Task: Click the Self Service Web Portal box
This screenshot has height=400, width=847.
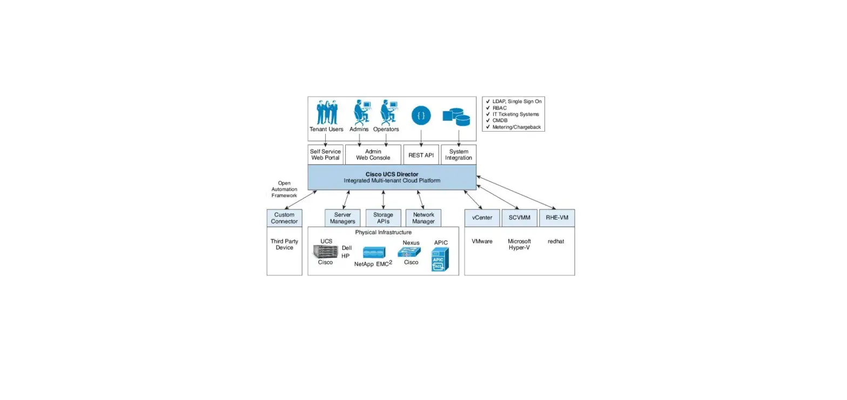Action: coord(325,154)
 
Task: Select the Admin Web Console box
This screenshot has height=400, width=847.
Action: coord(373,154)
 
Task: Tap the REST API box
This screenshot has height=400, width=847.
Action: coord(421,154)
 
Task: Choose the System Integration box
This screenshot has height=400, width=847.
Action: coord(459,154)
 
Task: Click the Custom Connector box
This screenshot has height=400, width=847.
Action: coord(284,218)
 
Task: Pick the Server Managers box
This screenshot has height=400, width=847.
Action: coord(342,218)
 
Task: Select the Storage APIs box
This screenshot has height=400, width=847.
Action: coord(383,218)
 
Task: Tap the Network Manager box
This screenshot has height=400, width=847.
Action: coord(423,218)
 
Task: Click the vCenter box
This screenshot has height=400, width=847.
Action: coord(482,218)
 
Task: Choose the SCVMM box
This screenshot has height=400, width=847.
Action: coord(519,218)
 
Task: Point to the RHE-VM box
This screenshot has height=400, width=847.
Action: coord(556,218)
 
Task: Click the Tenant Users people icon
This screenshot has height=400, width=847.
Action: coord(327,112)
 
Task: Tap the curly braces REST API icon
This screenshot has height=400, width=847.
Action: coord(421,115)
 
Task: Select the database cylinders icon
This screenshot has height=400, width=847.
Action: coord(456,116)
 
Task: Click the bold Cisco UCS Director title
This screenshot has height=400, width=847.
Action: coord(392,174)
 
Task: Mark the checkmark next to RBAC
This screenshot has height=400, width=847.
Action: coord(488,108)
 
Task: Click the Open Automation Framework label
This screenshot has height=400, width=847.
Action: coord(284,189)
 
